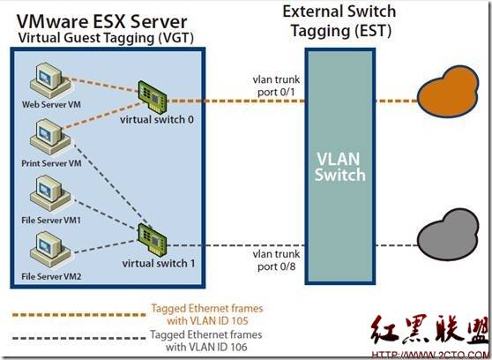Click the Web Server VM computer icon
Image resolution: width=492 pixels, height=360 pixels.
click(x=50, y=80)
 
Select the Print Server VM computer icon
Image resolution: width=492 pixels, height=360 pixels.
click(x=50, y=137)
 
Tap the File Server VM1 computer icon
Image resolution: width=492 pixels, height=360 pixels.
click(x=50, y=193)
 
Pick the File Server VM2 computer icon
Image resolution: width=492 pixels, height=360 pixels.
click(x=50, y=250)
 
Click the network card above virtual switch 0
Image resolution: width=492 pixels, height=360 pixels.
click(x=153, y=97)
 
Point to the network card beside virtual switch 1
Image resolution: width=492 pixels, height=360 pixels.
click(x=153, y=240)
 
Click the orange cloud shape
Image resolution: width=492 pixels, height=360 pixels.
click(x=448, y=91)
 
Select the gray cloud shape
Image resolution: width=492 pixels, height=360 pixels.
click(x=448, y=235)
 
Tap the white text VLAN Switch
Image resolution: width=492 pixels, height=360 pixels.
click(x=340, y=167)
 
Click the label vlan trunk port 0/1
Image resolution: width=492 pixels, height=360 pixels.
click(x=276, y=86)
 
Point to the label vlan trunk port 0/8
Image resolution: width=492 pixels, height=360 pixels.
click(x=276, y=260)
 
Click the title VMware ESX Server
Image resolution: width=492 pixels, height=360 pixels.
click(x=102, y=21)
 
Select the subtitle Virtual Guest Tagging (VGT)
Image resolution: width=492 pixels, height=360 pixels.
click(x=106, y=38)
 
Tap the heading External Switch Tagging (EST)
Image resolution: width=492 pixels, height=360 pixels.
click(x=339, y=21)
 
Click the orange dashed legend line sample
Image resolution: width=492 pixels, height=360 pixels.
click(x=79, y=314)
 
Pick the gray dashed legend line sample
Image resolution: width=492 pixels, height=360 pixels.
click(x=79, y=338)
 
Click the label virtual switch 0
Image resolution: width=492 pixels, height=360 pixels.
click(x=157, y=120)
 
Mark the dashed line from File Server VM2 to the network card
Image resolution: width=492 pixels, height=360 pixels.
click(x=106, y=246)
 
